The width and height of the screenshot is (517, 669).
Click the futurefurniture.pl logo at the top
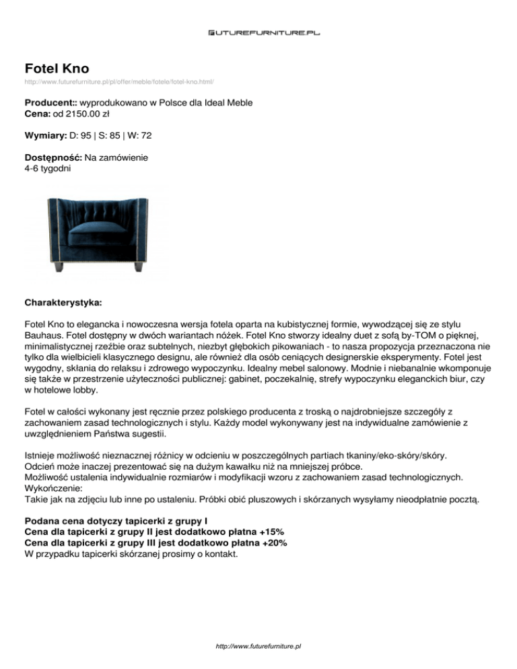[x=258, y=31]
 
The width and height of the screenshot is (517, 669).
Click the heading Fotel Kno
[x=57, y=68]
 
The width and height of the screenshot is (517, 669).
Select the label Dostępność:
[x=53, y=157]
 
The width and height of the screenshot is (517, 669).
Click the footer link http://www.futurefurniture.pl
[x=258, y=646]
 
